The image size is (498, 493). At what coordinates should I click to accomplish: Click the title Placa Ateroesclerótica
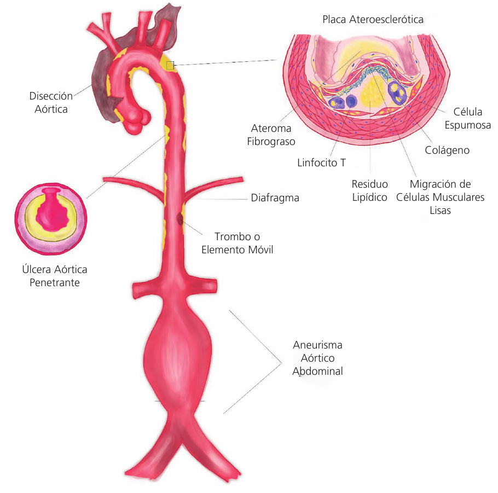coord(373,19)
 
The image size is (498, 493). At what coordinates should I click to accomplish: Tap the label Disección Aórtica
coord(51,102)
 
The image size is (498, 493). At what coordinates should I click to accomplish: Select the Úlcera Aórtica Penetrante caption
coord(55,276)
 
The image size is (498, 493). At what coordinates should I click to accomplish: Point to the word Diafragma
coord(275,198)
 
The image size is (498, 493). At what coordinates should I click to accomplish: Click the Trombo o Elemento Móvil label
coord(238,243)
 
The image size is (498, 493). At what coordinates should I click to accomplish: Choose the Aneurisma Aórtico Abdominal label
coord(317,358)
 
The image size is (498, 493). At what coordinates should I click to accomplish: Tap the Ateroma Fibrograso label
coord(271,135)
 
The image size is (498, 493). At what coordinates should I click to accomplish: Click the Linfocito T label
coord(321,163)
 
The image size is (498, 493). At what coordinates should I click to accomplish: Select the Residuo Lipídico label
coord(370,190)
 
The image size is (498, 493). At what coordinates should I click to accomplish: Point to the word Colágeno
coord(447,150)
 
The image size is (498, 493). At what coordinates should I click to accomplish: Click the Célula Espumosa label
coord(468,118)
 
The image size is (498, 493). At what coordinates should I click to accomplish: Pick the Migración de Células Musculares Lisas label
coord(440,197)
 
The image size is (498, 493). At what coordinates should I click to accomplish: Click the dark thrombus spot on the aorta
coord(180,218)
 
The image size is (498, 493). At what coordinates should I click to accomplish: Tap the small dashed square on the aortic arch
coord(170,66)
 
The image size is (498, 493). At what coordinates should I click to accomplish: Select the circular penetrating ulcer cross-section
coord(51,219)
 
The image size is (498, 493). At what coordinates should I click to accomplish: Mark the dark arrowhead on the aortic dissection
coord(115,103)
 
